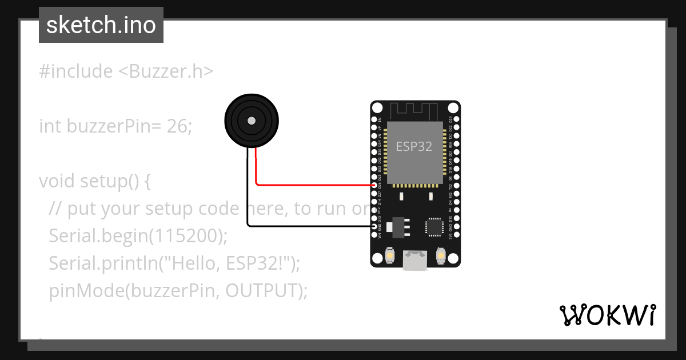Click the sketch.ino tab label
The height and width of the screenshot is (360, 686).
(101, 25)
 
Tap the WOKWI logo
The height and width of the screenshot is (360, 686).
(607, 315)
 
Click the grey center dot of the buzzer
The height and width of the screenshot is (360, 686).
(251, 121)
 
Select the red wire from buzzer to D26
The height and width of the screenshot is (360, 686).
(314, 185)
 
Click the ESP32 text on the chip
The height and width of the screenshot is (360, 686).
(414, 146)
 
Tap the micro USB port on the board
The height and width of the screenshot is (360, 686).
(415, 260)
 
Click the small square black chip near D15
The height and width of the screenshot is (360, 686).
(434, 227)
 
